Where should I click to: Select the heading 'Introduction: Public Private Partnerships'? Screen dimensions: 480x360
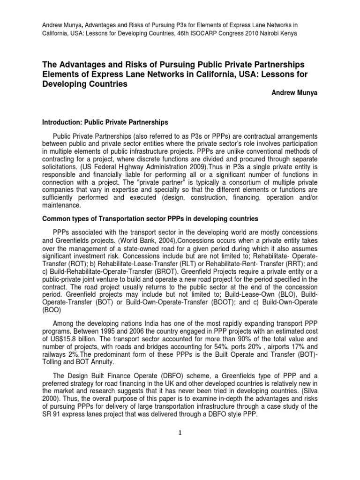point(105,122)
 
